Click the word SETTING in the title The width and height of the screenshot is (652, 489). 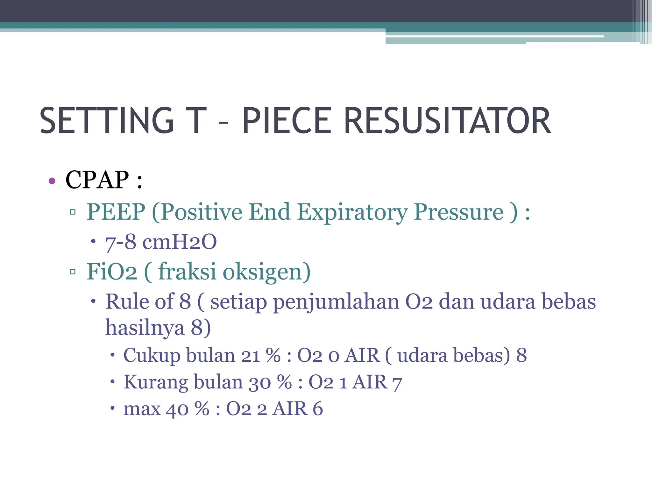click(107, 121)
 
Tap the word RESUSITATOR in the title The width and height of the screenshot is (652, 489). click(447, 121)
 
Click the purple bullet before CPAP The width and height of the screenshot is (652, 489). click(52, 181)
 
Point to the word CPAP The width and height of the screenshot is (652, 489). click(97, 180)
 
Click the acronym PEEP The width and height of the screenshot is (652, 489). click(116, 212)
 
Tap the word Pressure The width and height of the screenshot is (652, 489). click(459, 212)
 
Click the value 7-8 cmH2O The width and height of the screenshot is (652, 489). click(161, 242)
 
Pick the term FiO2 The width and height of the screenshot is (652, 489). click(112, 272)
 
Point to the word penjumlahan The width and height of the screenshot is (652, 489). click(336, 302)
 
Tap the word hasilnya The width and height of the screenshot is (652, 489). click(145, 328)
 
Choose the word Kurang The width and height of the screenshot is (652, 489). click(156, 382)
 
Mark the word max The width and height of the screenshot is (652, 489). click(142, 409)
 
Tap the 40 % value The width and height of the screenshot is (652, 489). click(188, 409)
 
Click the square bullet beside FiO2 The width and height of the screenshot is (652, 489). click(73, 272)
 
